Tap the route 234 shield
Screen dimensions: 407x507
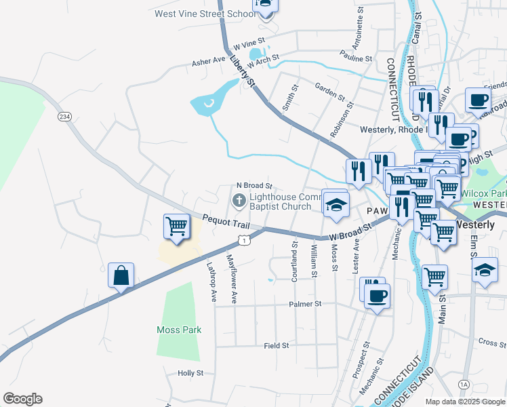pos(64,117)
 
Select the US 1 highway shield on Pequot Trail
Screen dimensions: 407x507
pos(245,240)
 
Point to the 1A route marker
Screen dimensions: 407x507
pos(464,385)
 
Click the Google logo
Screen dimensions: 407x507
pos(22,399)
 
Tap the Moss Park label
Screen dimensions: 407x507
pos(179,330)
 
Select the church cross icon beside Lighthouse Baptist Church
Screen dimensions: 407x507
pos(239,200)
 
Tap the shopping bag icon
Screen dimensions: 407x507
pos(121,276)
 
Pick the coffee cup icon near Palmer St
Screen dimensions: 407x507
pos(377,296)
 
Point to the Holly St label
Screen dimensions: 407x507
pos(190,373)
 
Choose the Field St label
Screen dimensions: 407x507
pos(277,345)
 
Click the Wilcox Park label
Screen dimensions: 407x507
pos(484,193)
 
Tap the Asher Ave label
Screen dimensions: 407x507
pos(208,60)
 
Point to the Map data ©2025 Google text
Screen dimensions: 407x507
pos(465,401)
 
